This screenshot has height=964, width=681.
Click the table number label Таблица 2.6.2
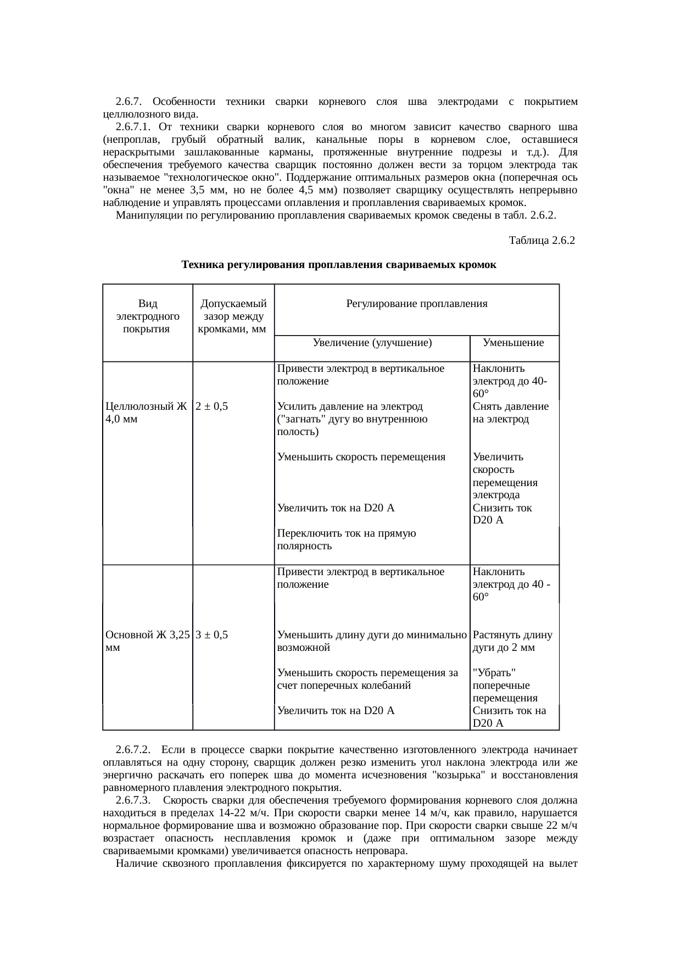[x=542, y=241]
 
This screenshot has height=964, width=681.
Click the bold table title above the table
[x=338, y=265]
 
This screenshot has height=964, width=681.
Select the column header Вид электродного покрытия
[x=147, y=316]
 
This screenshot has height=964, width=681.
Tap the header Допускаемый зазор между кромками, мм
[x=233, y=316]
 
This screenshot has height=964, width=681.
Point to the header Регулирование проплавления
[x=416, y=304]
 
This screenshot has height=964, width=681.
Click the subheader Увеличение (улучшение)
[x=372, y=343]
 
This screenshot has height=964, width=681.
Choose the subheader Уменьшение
[x=513, y=343]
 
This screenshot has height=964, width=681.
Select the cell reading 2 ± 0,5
[x=211, y=406]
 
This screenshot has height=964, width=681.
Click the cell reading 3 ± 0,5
[x=211, y=635]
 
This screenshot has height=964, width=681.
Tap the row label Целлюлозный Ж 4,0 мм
[x=146, y=413]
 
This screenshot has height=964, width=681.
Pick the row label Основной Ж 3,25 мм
[x=147, y=641]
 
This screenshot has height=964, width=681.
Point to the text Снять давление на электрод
[x=510, y=413]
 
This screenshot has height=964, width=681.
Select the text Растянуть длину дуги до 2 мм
[x=512, y=641]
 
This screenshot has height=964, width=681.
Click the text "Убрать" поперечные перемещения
[x=504, y=686]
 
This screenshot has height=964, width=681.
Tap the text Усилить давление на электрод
[x=350, y=406]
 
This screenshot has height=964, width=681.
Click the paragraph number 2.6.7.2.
[x=133, y=750]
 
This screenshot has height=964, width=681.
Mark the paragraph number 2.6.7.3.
[x=133, y=800]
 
